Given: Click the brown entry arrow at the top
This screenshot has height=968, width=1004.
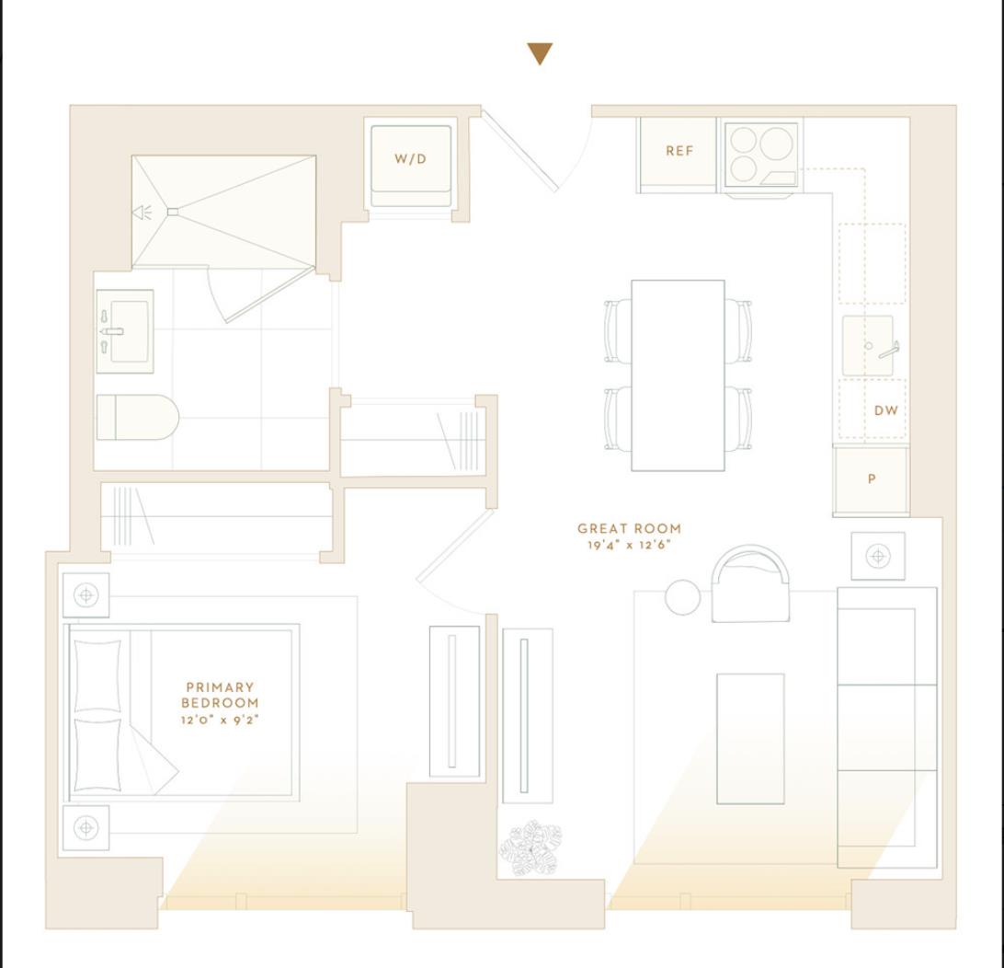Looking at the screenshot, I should (x=541, y=53).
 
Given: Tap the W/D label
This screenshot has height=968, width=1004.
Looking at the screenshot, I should (x=411, y=158).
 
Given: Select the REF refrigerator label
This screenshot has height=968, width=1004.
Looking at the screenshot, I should (x=679, y=151).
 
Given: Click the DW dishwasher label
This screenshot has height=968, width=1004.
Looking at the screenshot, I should (x=885, y=410).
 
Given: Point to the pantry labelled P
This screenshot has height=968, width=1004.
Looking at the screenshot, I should (x=871, y=479).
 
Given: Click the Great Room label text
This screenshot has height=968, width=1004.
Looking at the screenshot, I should (x=629, y=529).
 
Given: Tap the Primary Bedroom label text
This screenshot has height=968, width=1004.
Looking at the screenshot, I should (x=220, y=695).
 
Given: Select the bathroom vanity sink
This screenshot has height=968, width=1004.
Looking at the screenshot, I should (x=126, y=331).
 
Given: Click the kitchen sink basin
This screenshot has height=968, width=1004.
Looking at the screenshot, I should (x=868, y=346).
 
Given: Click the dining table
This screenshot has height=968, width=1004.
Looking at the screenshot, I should (x=678, y=375).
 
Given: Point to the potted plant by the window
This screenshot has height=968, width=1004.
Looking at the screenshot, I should (x=531, y=847).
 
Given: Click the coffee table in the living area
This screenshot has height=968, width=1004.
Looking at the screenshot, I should (x=750, y=739).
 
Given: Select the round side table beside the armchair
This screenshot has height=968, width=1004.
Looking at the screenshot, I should (x=682, y=597).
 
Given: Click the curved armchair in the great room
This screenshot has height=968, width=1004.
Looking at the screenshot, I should (x=750, y=585).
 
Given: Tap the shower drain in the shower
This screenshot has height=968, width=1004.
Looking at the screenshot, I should (x=173, y=212).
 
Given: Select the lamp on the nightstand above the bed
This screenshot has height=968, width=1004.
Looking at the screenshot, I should (x=86, y=595).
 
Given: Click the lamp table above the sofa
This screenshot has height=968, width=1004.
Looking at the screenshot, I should (x=878, y=556).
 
